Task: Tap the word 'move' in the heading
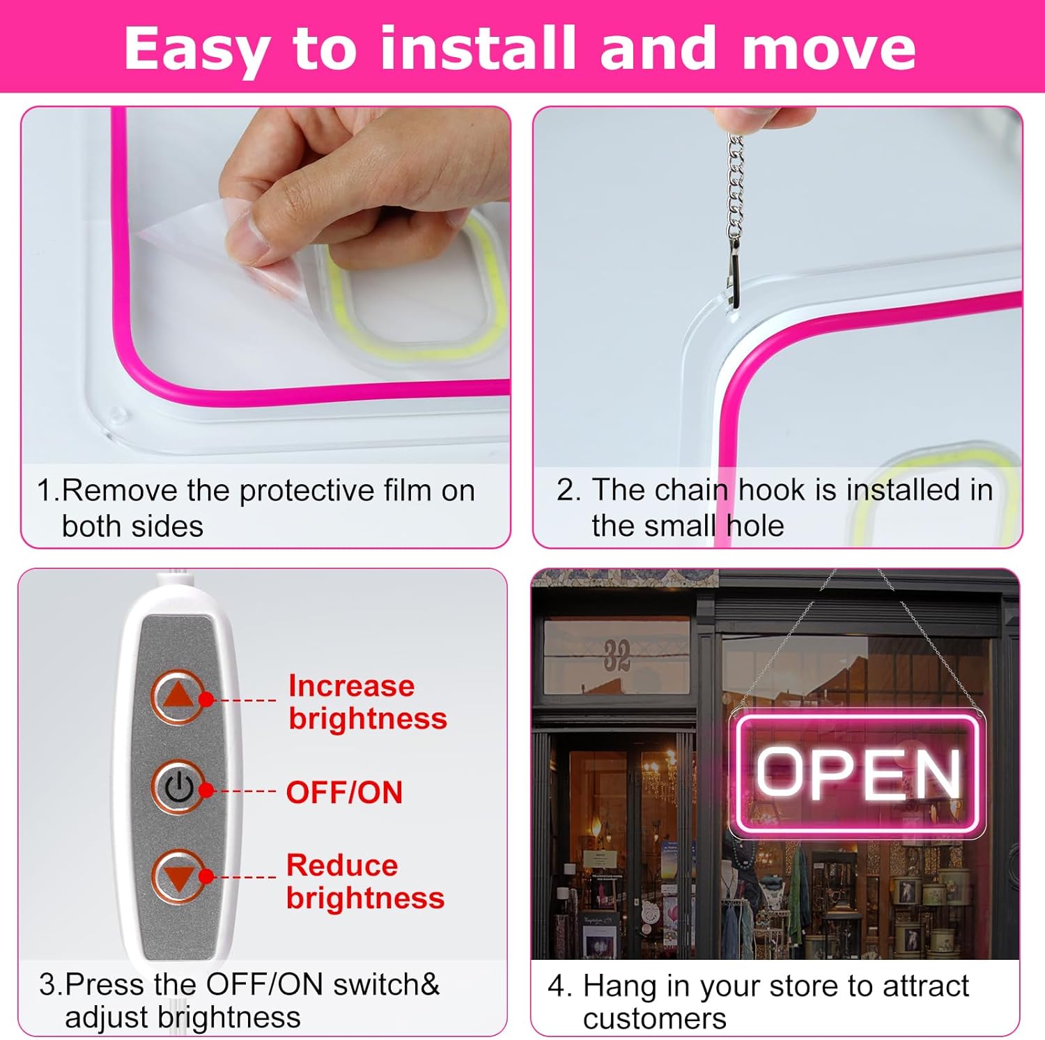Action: coord(828,49)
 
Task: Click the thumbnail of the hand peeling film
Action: coord(265,286)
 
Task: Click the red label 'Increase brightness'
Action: coord(367,702)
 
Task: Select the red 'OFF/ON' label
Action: coord(344,793)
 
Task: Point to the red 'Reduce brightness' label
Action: coord(364,882)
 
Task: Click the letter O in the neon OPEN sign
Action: coord(780,773)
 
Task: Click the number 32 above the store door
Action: coord(617,655)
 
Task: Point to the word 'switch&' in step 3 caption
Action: coord(386,984)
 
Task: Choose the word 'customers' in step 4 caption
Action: coord(654,1018)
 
